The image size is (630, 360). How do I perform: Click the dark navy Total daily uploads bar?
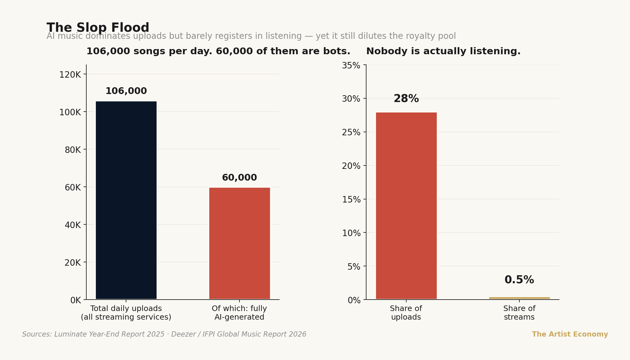pyautogui.click(x=126, y=200)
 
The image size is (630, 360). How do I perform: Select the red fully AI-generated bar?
pyautogui.click(x=239, y=243)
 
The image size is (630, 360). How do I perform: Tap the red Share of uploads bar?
pyautogui.click(x=406, y=206)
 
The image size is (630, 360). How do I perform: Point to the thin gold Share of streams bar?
pyautogui.click(x=519, y=298)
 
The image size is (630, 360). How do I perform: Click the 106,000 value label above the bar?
pyautogui.click(x=126, y=91)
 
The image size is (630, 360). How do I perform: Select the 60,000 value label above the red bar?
pyautogui.click(x=239, y=178)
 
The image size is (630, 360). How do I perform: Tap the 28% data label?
pyautogui.click(x=406, y=99)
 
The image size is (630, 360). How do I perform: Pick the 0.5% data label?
pyautogui.click(x=519, y=280)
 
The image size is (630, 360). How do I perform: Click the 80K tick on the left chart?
pyautogui.click(x=73, y=150)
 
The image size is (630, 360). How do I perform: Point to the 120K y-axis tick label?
pyautogui.click(x=70, y=75)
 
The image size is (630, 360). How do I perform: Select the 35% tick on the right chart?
pyautogui.click(x=351, y=66)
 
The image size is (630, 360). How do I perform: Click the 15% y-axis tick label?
pyautogui.click(x=351, y=200)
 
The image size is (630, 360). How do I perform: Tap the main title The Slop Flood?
pyautogui.click(x=98, y=28)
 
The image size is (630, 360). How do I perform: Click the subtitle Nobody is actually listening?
pyautogui.click(x=443, y=51)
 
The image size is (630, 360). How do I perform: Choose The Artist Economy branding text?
pyautogui.click(x=570, y=334)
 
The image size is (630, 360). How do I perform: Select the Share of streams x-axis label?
pyautogui.click(x=519, y=313)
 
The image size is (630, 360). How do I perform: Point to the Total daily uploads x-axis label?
pyautogui.click(x=126, y=313)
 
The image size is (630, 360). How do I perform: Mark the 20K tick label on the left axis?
pyautogui.click(x=73, y=263)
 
